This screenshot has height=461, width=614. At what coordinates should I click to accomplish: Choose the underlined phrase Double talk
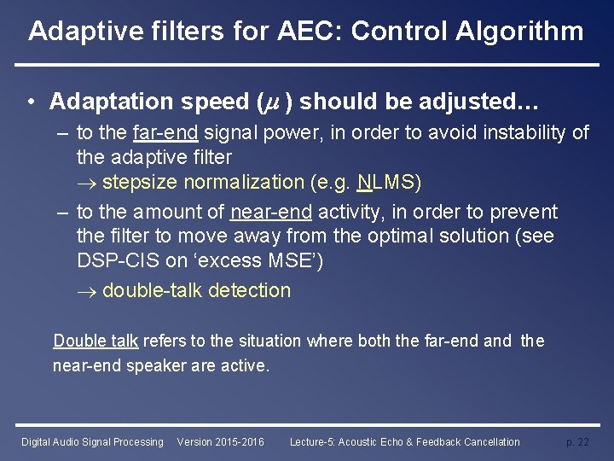[96, 341]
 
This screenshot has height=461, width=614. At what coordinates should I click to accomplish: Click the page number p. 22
[577, 441]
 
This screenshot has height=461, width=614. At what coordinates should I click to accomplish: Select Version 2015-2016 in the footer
[220, 441]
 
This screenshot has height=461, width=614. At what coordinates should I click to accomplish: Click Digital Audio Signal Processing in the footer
[92, 441]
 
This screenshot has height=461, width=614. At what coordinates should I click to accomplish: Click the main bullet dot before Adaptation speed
[31, 102]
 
